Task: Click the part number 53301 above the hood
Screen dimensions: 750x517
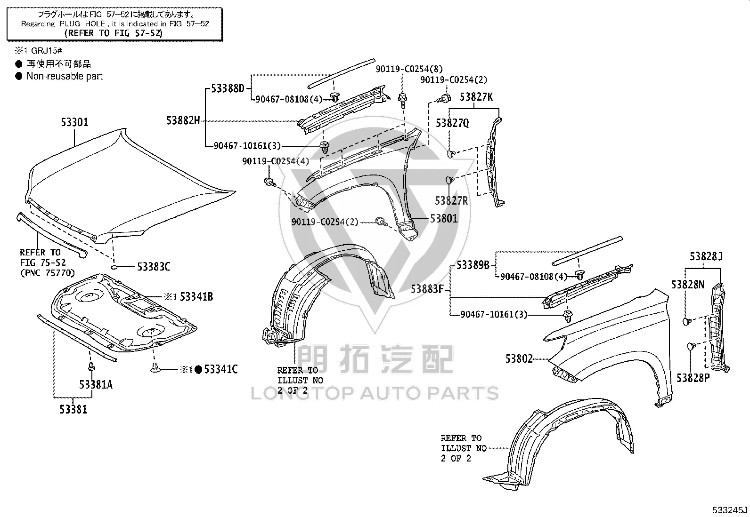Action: coord(74,122)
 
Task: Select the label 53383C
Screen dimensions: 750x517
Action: coord(154,267)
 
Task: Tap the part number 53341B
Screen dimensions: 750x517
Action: coord(196,297)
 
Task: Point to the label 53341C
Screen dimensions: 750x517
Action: coord(221,369)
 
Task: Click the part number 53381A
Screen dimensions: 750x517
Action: coord(96,385)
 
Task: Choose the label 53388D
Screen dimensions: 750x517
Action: coord(228,88)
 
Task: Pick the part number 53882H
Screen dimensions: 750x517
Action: coord(183,120)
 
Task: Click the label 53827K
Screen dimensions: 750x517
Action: coord(476,97)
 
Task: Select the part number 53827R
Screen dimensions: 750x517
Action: coord(451,201)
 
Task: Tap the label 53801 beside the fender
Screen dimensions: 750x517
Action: coord(444,219)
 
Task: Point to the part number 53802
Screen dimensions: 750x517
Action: coord(519,359)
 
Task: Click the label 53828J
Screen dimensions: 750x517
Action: coord(706,256)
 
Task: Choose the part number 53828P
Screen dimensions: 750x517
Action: coord(693,378)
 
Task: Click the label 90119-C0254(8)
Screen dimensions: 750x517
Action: coord(409,69)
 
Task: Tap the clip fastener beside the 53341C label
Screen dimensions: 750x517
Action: coord(155,368)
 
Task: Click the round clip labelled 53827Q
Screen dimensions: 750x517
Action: coord(451,154)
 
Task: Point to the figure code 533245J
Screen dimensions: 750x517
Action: coord(730,510)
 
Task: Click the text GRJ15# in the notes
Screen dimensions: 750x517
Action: coord(47,51)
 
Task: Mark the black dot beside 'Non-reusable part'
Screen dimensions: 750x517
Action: coord(19,76)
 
